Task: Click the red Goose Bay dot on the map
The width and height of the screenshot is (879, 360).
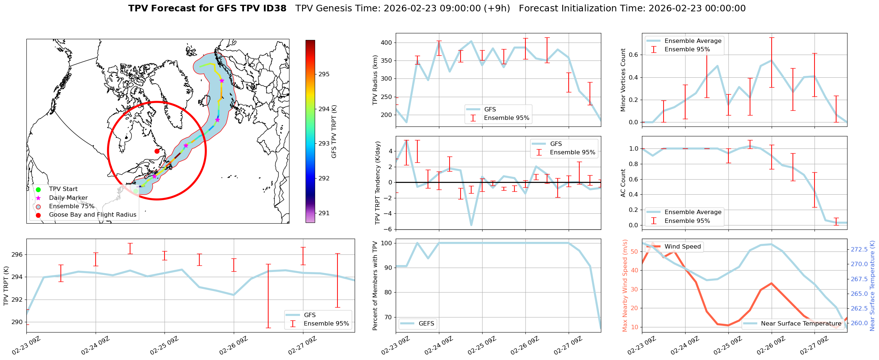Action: pyautogui.click(x=157, y=151)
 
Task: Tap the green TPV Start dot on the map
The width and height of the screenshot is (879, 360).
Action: pyautogui.click(x=136, y=191)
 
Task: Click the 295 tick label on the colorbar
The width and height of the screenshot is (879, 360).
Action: pyautogui.click(x=324, y=74)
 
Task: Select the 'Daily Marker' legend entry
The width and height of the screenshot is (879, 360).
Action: pyautogui.click(x=68, y=198)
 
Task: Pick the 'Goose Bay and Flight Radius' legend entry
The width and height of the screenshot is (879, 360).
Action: pyautogui.click(x=92, y=215)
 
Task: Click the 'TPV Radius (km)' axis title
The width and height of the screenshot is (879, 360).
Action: pyautogui.click(x=375, y=80)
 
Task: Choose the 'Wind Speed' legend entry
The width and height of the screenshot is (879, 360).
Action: pyautogui.click(x=683, y=247)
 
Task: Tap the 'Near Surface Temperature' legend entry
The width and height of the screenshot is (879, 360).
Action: pyautogui.click(x=801, y=324)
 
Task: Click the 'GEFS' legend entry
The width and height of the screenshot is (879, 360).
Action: pyautogui.click(x=426, y=324)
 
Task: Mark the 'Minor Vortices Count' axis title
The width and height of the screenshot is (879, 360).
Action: pyautogui.click(x=623, y=80)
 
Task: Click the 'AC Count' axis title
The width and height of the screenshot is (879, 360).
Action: pyautogui.click(x=623, y=183)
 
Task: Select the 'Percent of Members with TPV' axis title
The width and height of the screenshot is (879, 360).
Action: pyautogui.click(x=375, y=286)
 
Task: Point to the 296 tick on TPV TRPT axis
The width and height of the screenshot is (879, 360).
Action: pyautogui.click(x=18, y=255)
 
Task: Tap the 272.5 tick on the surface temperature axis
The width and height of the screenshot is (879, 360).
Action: pyautogui.click(x=859, y=250)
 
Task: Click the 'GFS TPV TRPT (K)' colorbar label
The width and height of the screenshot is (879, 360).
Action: pyautogui.click(x=334, y=132)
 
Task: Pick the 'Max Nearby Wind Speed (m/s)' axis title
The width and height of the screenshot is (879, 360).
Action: pyautogui.click(x=625, y=286)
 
